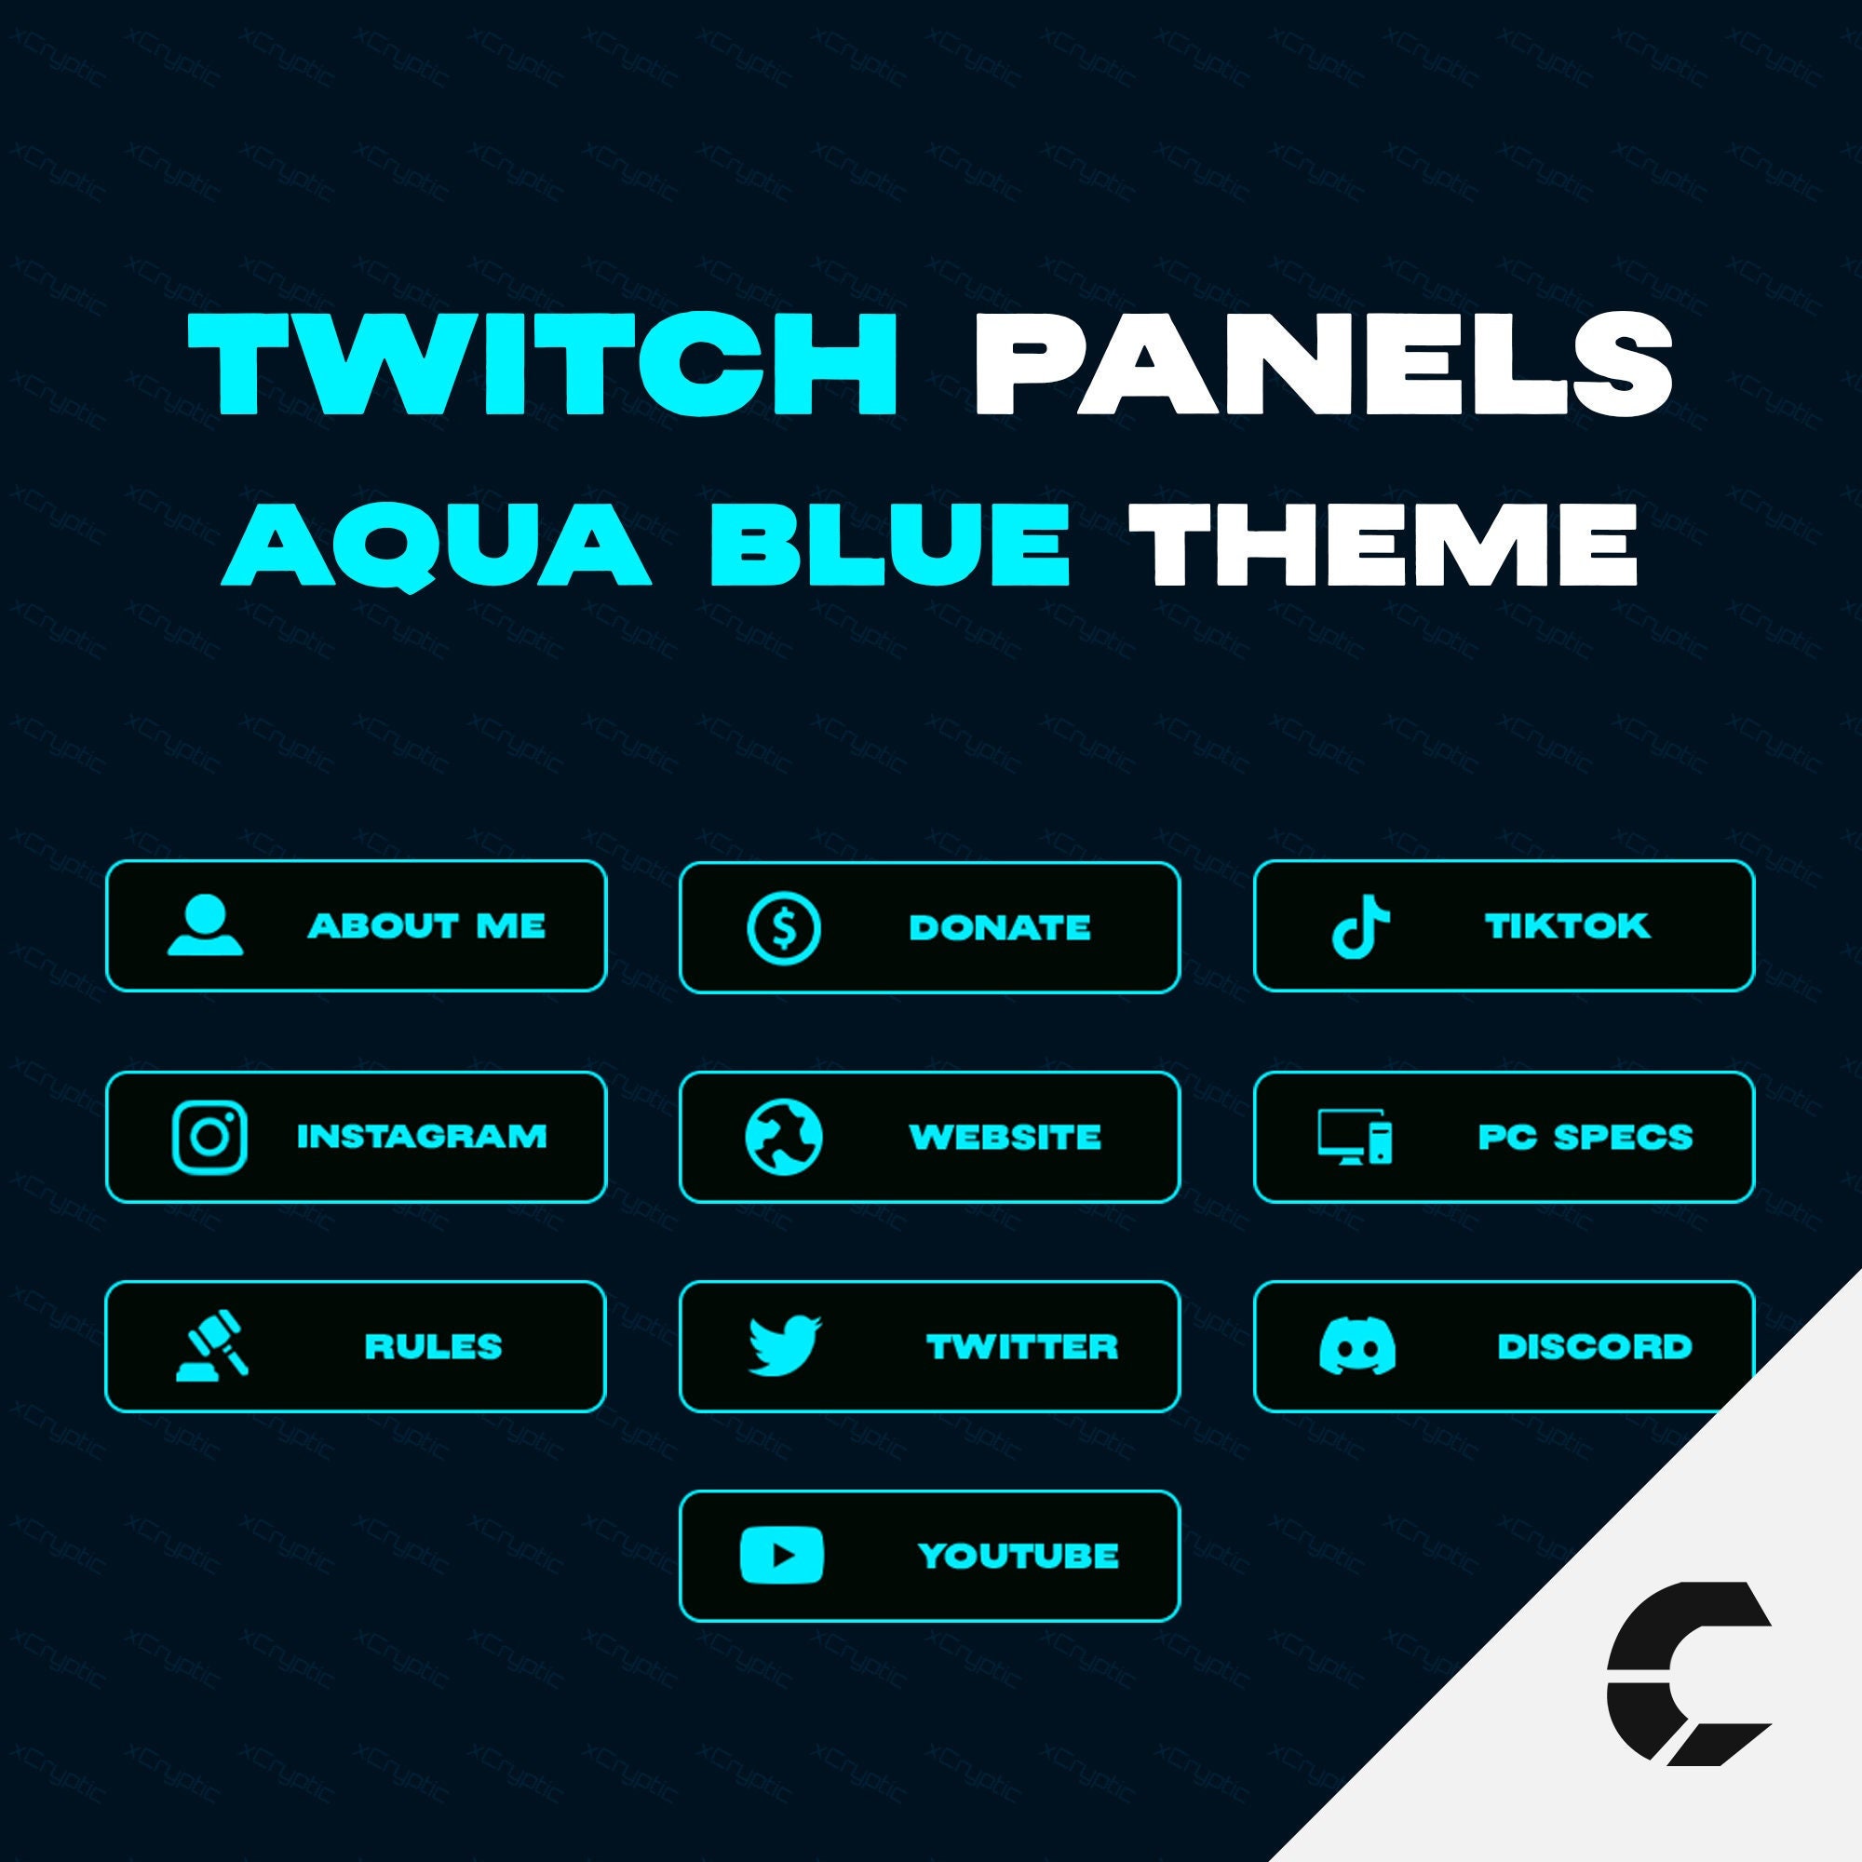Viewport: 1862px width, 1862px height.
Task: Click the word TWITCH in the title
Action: (544, 365)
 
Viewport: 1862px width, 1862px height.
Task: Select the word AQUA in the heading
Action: (438, 546)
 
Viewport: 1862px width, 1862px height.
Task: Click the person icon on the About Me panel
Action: (204, 926)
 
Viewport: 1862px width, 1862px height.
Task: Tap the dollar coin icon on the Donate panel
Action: (784, 929)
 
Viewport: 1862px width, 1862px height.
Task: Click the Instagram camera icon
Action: (209, 1138)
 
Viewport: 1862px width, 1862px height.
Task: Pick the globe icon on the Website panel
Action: (784, 1138)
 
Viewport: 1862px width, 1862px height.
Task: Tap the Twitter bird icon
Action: (785, 1345)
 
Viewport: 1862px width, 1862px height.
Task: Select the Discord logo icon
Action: (1356, 1345)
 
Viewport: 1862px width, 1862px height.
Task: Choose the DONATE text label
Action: (999, 929)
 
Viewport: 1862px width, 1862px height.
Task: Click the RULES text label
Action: (433, 1346)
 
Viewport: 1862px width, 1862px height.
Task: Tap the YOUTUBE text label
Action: (1018, 1556)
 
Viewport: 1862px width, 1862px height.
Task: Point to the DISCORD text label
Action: (1594, 1346)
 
